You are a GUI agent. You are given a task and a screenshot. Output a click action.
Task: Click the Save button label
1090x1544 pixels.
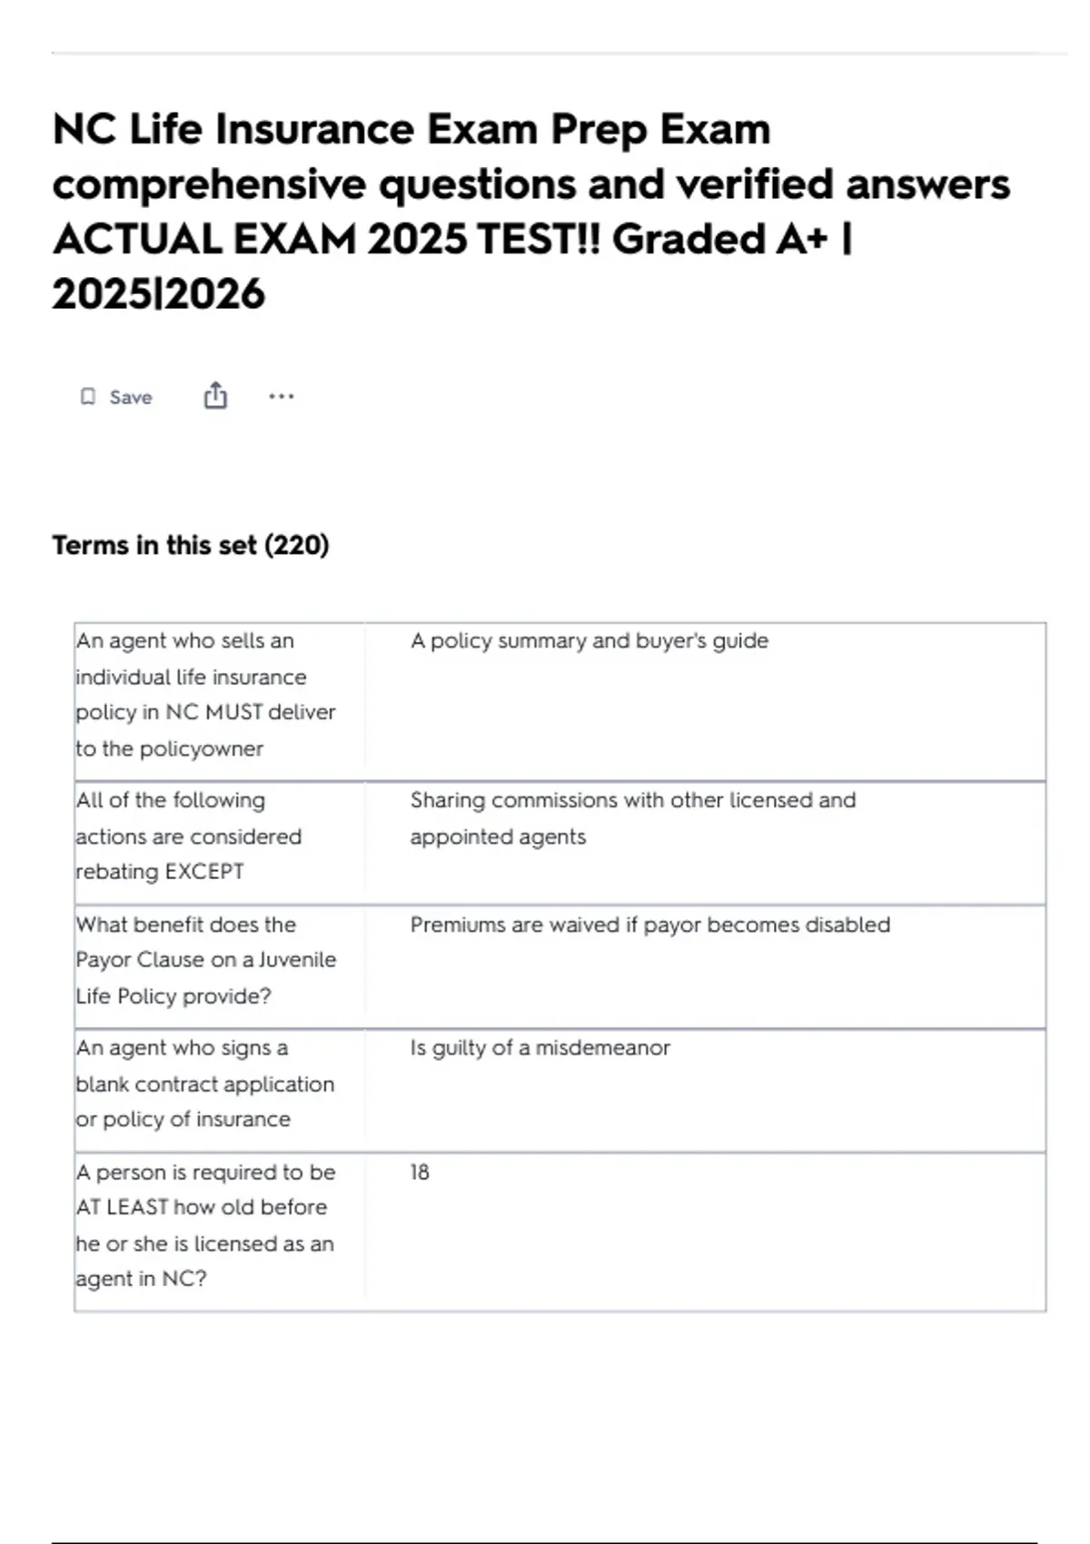131,398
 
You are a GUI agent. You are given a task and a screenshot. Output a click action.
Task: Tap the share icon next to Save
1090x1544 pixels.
215,396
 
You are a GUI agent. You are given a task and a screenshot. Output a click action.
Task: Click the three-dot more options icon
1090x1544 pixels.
282,396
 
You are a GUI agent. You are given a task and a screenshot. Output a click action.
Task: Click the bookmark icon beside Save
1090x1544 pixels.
88,397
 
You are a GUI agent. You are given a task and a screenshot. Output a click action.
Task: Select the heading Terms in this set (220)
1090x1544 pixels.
191,545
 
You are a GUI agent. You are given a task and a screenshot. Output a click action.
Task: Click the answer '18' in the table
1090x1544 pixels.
420,1173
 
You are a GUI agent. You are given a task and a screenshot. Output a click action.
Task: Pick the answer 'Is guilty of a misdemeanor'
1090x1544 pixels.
540,1048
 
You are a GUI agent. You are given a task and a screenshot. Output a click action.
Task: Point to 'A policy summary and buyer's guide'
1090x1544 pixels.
589,641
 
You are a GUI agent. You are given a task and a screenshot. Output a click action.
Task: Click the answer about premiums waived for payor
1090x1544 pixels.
649,925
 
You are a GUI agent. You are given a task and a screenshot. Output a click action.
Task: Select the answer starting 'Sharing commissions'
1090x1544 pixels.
632,801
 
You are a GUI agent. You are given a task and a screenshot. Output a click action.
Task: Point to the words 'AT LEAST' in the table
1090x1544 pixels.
122,1208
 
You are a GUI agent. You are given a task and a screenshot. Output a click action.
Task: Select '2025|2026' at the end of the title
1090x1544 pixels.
159,294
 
